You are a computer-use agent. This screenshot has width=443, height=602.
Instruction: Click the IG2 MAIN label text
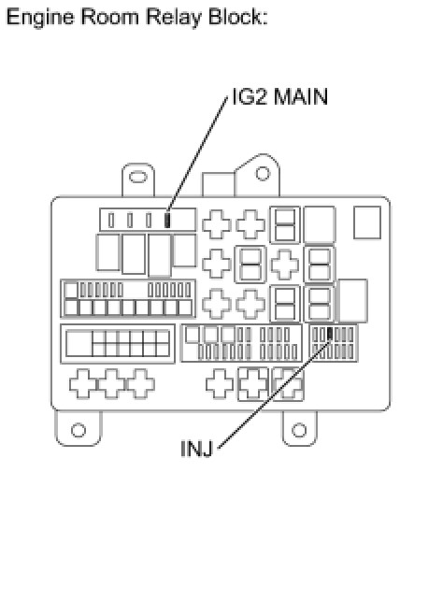pyautogui.click(x=279, y=96)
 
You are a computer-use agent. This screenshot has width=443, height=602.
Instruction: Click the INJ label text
pyautogui.click(x=196, y=449)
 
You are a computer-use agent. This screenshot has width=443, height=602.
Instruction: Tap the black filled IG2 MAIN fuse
pyautogui.click(x=167, y=221)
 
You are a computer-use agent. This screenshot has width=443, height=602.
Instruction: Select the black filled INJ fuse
pyautogui.click(x=330, y=334)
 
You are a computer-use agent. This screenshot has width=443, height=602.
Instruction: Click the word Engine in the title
pyautogui.click(x=40, y=18)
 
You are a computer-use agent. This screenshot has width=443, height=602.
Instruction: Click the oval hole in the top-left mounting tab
pyautogui.click(x=137, y=177)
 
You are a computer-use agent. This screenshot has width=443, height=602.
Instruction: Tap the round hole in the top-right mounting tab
pyautogui.click(x=263, y=174)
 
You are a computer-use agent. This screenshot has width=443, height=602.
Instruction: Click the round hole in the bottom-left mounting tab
pyautogui.click(x=79, y=430)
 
